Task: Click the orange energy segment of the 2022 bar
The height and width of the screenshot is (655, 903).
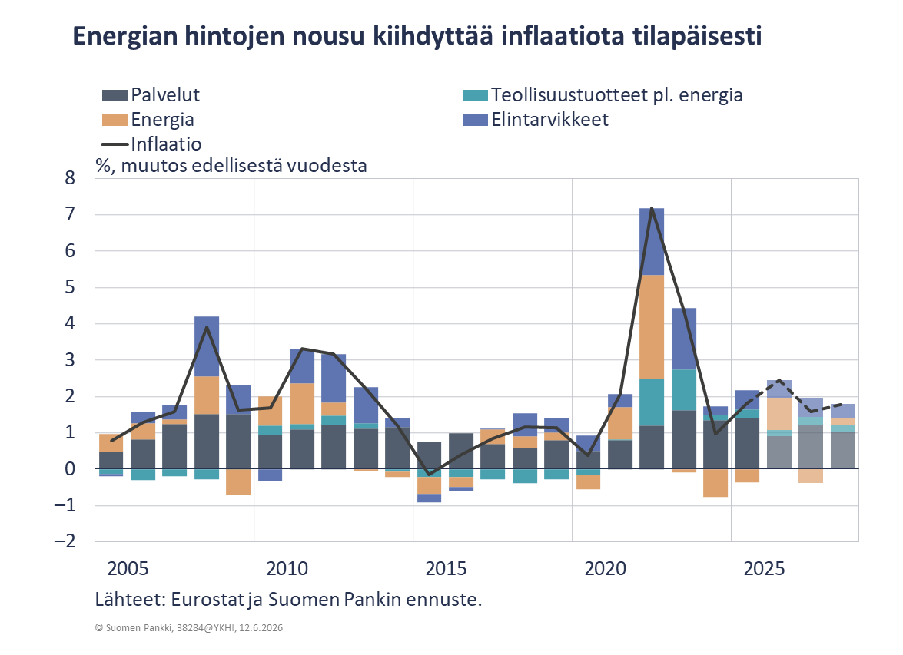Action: (x=652, y=327)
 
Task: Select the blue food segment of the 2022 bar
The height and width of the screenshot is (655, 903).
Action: (x=652, y=242)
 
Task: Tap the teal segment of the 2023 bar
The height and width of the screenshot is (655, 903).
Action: (x=683, y=389)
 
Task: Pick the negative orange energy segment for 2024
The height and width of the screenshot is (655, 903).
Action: (x=715, y=483)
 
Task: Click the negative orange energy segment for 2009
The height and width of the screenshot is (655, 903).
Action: (x=238, y=481)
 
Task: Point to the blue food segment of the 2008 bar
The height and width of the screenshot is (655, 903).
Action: (x=207, y=346)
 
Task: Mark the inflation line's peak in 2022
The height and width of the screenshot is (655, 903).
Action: (x=652, y=208)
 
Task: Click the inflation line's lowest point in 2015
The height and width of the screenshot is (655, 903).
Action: (x=429, y=475)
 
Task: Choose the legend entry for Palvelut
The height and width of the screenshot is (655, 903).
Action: (x=151, y=95)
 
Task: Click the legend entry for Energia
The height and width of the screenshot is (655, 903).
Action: (x=148, y=120)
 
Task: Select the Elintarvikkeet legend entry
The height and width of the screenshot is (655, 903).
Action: (x=536, y=120)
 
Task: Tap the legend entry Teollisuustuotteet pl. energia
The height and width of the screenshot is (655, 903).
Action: (x=603, y=95)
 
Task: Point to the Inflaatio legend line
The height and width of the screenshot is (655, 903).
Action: (x=115, y=144)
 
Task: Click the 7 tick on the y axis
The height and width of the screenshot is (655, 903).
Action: (x=70, y=215)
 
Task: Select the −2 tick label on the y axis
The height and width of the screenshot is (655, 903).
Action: (x=65, y=541)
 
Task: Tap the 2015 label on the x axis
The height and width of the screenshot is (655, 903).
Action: (x=446, y=569)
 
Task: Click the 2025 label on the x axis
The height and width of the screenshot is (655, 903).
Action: (x=764, y=569)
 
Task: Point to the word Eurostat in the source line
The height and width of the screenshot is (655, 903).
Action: (x=208, y=599)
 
